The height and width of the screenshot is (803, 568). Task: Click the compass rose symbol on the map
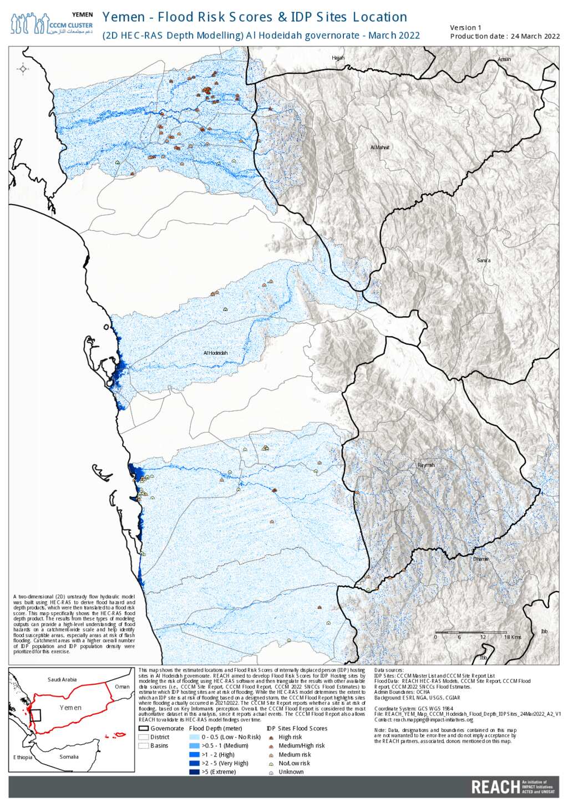(23, 69)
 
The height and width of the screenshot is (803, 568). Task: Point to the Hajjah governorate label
(338, 58)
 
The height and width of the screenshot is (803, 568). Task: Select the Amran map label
(504, 59)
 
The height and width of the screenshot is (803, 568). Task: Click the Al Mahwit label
(380, 148)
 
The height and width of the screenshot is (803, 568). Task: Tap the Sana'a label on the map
(483, 261)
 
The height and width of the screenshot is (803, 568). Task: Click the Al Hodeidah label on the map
(215, 353)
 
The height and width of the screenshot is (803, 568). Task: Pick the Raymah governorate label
(425, 465)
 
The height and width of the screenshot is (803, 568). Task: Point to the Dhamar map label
(481, 559)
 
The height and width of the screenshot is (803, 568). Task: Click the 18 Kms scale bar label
(512, 637)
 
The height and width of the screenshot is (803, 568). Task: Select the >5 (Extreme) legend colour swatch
(194, 772)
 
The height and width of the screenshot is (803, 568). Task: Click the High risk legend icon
(271, 738)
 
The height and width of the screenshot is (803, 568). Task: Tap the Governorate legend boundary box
(143, 729)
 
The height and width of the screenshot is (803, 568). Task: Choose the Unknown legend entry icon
(271, 772)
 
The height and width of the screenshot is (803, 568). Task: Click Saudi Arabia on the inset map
(62, 679)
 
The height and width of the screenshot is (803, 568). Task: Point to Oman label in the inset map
(122, 687)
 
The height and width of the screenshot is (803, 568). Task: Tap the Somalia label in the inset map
(69, 757)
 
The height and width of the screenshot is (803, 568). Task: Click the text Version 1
(465, 28)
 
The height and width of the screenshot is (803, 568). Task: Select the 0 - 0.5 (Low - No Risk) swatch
(194, 737)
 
